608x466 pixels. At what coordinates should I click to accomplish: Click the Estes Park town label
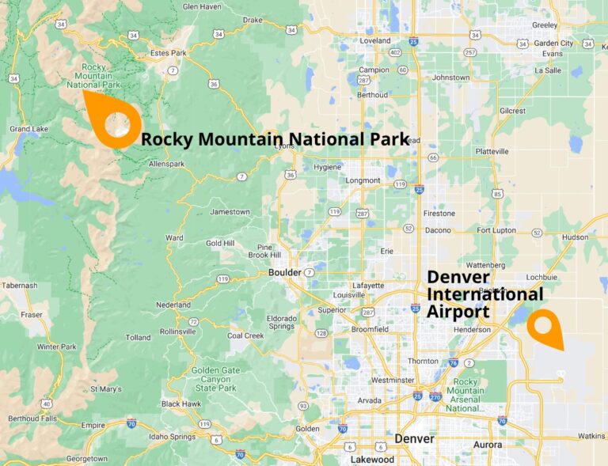point(167,54)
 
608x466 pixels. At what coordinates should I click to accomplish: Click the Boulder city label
point(285,272)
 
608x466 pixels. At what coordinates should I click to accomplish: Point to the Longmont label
point(363,180)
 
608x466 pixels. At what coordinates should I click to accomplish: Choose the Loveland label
point(375,40)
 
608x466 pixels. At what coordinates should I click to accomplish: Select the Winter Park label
point(56,347)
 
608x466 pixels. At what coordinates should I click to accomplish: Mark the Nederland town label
point(174,305)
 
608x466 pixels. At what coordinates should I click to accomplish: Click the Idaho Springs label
point(172,437)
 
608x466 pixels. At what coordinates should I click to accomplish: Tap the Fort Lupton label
point(496,230)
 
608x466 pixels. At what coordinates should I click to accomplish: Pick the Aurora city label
point(488,445)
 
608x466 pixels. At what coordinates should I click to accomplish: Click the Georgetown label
point(86,458)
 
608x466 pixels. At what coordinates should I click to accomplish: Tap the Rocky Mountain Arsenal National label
point(465,395)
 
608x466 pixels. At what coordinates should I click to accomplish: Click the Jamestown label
point(230,211)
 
